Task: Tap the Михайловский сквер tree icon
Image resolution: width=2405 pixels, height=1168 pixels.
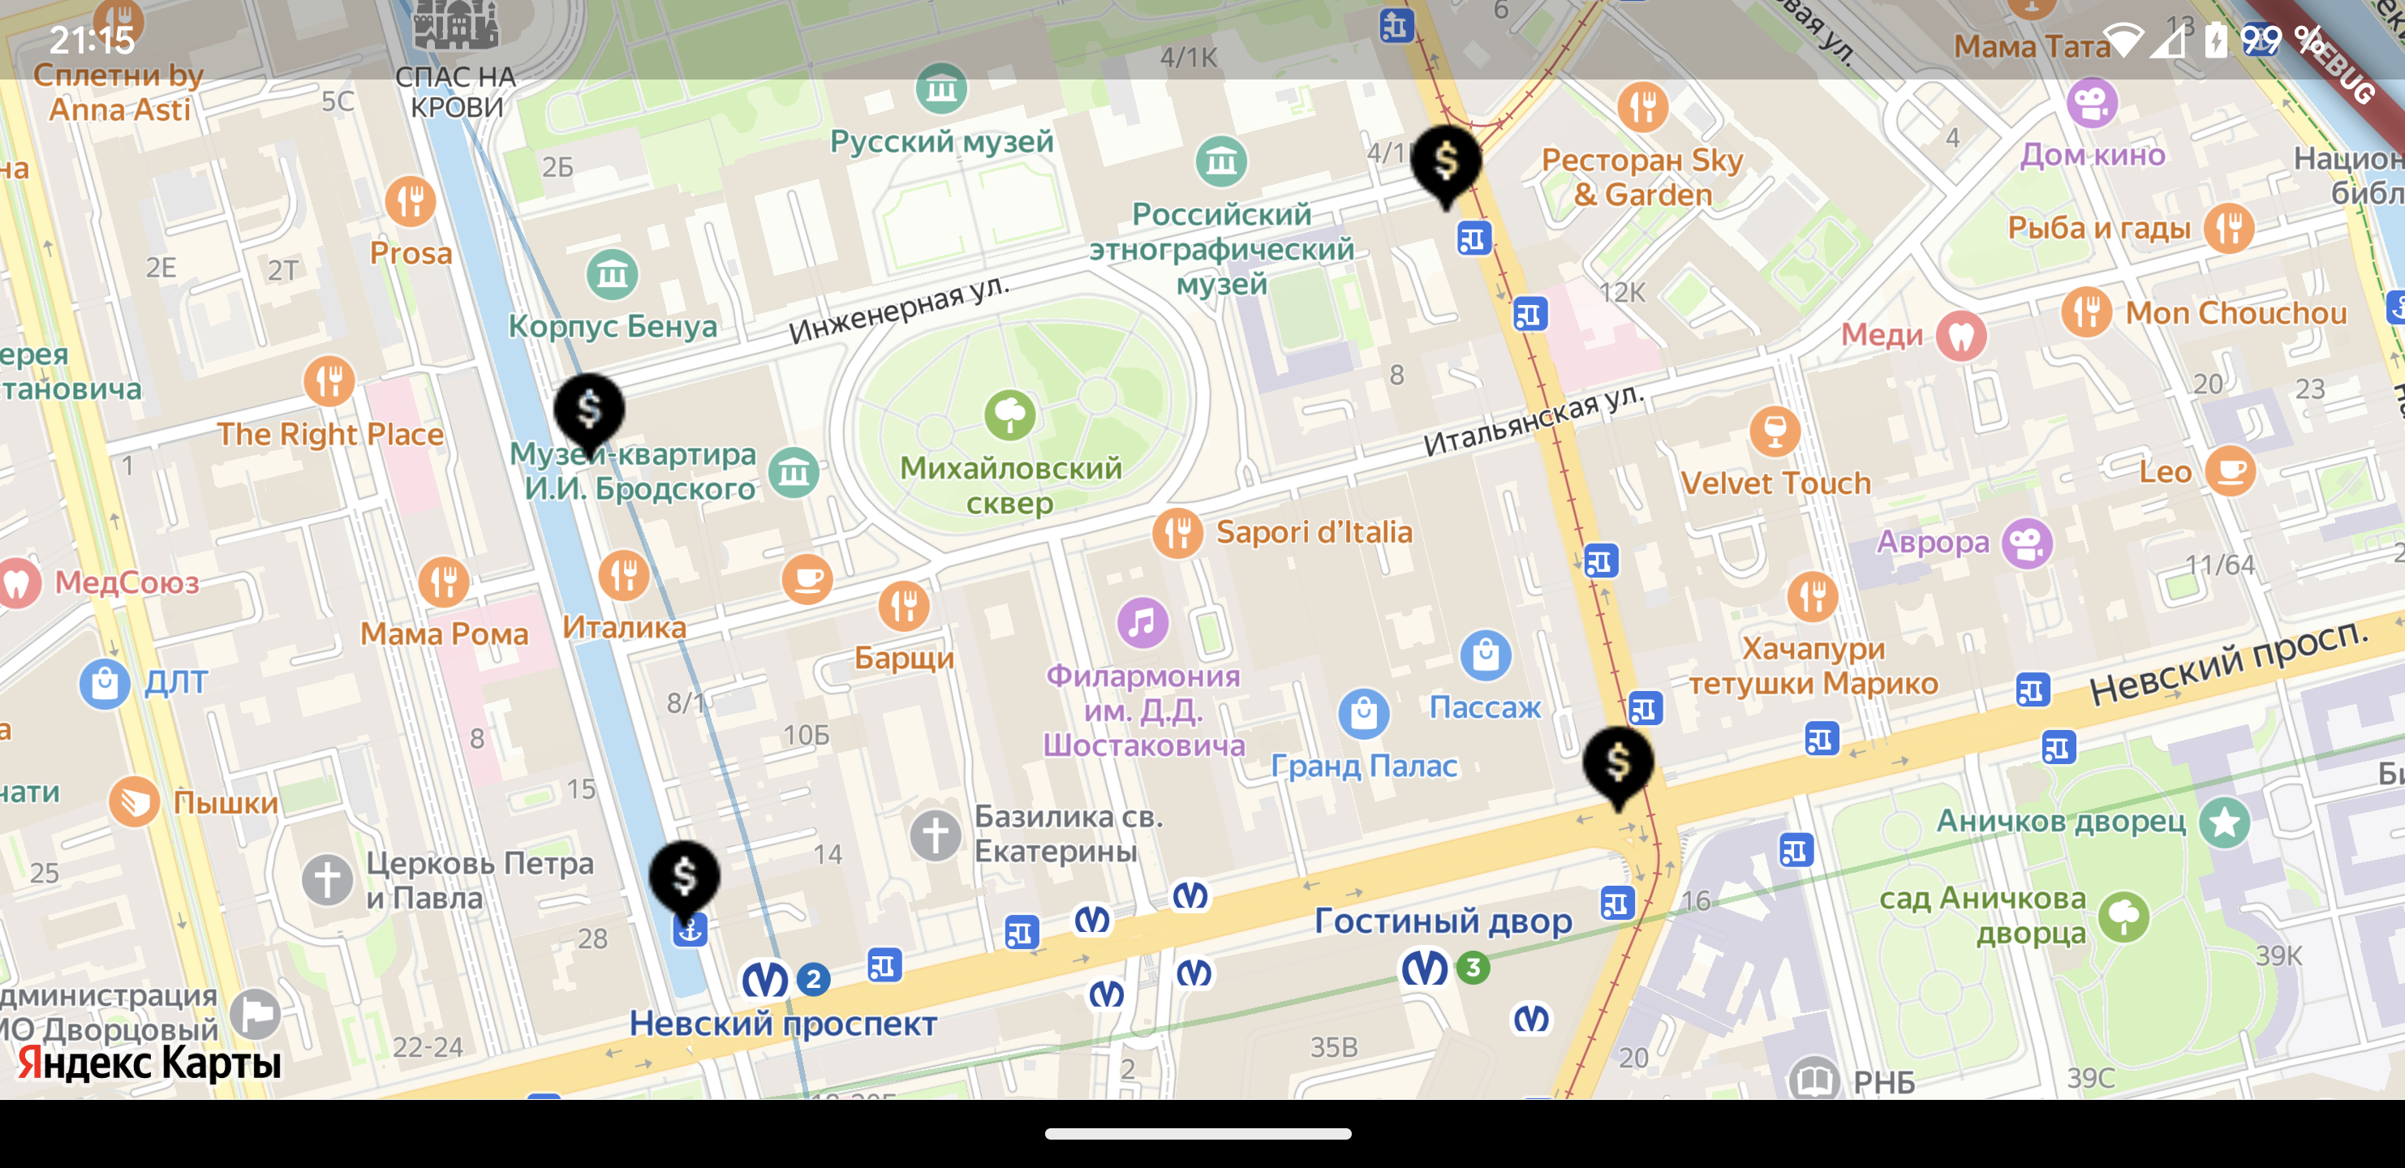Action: coord(1009,415)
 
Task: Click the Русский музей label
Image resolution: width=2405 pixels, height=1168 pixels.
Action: coord(941,142)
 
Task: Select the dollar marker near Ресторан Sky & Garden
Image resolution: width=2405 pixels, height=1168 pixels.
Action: coord(1445,162)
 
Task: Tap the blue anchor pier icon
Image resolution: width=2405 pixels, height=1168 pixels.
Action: coord(690,930)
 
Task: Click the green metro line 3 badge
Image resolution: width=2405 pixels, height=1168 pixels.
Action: coord(1474,968)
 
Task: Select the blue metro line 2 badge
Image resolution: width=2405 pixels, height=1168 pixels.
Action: coord(813,978)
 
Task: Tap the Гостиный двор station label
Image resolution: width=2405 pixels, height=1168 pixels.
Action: coord(1443,921)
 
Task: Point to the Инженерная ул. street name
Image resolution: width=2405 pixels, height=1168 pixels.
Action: coord(898,309)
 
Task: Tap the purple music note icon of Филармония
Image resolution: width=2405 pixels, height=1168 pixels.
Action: coord(1142,622)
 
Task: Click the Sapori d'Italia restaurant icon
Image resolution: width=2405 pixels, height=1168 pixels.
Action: coord(1177,533)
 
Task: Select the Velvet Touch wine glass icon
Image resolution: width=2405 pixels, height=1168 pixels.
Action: coord(1774,432)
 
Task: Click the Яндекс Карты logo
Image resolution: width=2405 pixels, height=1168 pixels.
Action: coord(149,1063)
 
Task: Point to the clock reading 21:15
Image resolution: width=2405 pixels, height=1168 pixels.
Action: coord(92,40)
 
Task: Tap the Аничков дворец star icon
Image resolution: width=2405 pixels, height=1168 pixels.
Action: coord(2224,822)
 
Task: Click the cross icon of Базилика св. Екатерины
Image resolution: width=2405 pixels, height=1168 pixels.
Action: coord(935,835)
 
